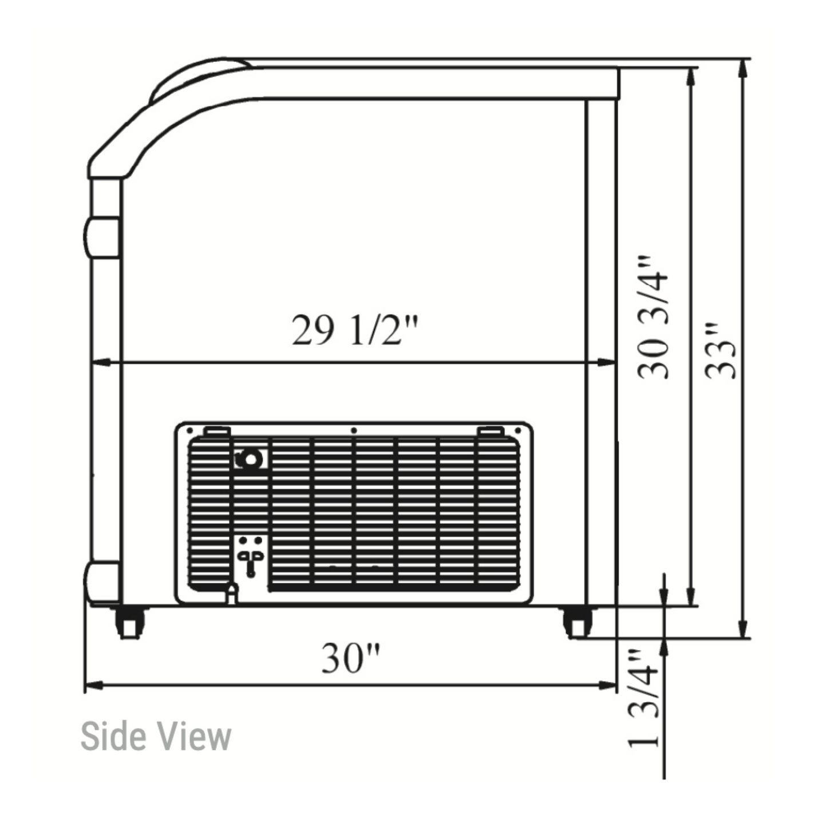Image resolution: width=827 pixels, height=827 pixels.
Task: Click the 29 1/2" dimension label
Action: click(354, 330)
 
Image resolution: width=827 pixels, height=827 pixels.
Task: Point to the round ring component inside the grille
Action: click(250, 460)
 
